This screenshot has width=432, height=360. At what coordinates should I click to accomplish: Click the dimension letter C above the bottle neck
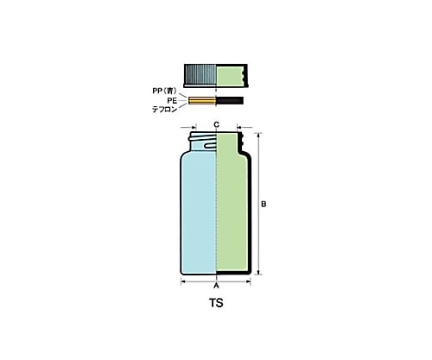pos(216,126)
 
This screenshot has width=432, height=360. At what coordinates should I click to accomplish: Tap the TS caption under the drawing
pos(216,304)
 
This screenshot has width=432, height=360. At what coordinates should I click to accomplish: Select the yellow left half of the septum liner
pos(201,101)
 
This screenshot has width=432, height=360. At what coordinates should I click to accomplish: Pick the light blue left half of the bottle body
pos(198,216)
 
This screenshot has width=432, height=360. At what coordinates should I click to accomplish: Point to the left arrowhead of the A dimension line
pos(183,283)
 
